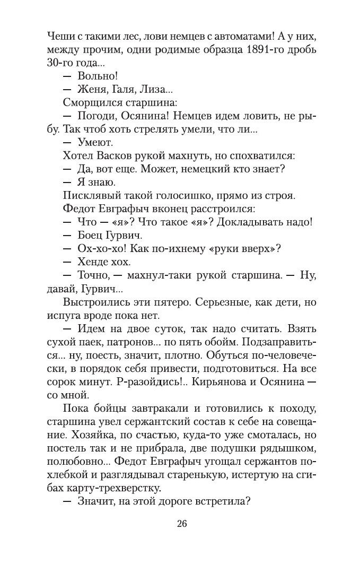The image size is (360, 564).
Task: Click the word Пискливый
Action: [x=89, y=195]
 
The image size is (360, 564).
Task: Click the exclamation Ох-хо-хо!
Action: [x=99, y=248]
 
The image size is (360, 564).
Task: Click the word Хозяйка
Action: [x=82, y=435]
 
